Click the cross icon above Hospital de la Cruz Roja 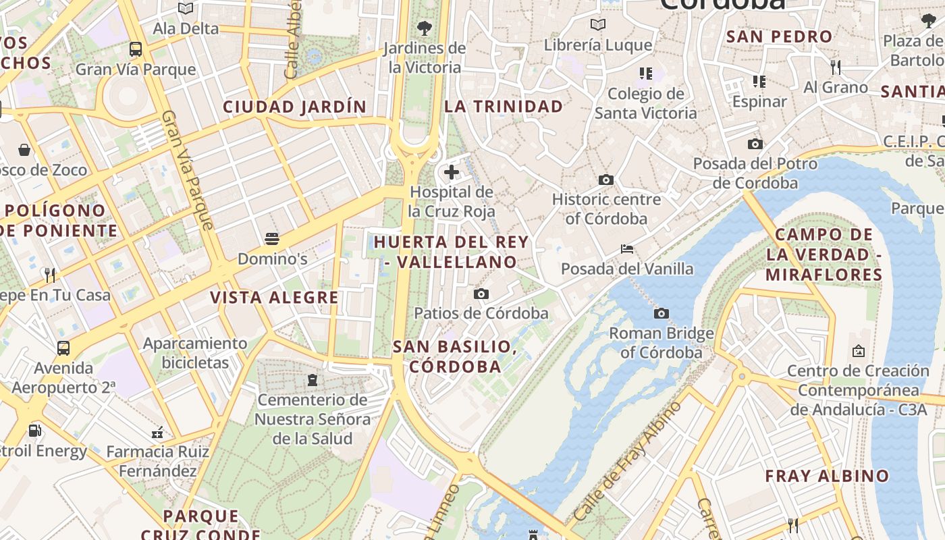click(x=452, y=173)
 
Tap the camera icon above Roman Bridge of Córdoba click(x=661, y=313)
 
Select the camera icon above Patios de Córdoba click(x=481, y=294)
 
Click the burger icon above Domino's click(x=272, y=239)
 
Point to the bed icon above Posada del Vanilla click(x=627, y=249)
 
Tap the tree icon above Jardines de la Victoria click(x=424, y=28)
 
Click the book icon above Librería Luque click(x=597, y=26)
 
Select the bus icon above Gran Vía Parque click(x=136, y=49)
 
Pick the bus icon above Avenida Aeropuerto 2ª click(x=63, y=348)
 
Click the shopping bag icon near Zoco click(x=24, y=149)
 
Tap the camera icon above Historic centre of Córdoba click(x=606, y=180)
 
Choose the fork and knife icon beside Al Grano click(x=836, y=67)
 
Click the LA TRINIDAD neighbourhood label click(x=504, y=107)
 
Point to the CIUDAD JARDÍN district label click(x=294, y=107)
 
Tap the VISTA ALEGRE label click(x=274, y=298)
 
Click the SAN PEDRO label click(x=779, y=36)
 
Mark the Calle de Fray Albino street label click(x=627, y=462)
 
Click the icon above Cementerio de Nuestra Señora click(x=312, y=380)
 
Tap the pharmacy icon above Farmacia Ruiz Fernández click(x=158, y=432)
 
